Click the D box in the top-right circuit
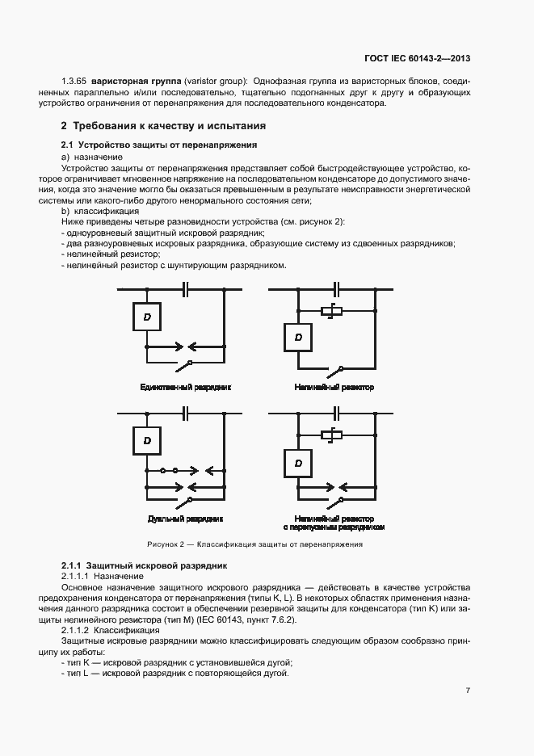(x=298, y=337)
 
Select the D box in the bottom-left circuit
(x=147, y=440)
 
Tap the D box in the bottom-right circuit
(x=298, y=463)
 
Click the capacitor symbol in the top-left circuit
(x=186, y=289)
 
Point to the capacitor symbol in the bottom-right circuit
(x=337, y=413)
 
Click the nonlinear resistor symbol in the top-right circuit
(x=332, y=310)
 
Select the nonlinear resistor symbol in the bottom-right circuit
(x=332, y=435)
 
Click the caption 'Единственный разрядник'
(x=185, y=388)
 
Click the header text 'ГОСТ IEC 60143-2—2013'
(x=417, y=59)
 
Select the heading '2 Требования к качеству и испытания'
(x=163, y=127)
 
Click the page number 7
(x=468, y=691)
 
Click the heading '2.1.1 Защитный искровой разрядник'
(x=145, y=565)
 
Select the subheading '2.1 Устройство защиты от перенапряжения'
(x=159, y=145)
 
